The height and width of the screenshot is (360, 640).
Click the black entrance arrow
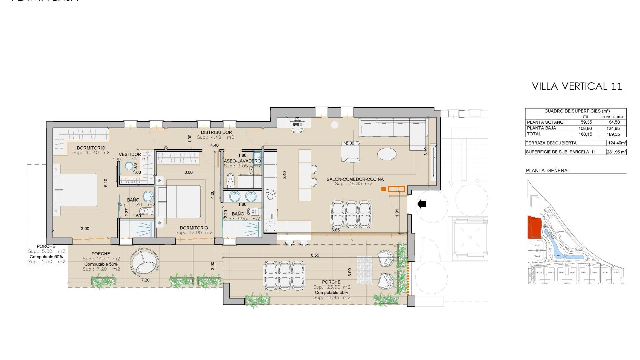422,204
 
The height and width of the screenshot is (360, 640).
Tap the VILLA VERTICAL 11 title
577,86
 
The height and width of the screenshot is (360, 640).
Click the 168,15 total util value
585,134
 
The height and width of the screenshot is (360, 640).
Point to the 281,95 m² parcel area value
616,152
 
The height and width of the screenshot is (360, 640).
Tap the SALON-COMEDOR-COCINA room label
355,179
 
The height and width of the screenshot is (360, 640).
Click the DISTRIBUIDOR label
216,132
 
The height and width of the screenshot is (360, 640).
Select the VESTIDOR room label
130,155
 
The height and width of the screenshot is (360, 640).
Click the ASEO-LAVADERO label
242,161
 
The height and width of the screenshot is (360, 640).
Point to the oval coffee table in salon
387,154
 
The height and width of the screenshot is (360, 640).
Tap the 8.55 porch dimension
315,255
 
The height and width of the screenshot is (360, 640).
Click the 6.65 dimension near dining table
335,230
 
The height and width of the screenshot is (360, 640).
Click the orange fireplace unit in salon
393,189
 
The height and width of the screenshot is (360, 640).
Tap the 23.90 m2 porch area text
332,287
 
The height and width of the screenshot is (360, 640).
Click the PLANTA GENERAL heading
548,171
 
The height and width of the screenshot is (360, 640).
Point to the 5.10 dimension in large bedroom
106,183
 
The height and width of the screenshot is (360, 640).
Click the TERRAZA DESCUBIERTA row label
551,143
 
